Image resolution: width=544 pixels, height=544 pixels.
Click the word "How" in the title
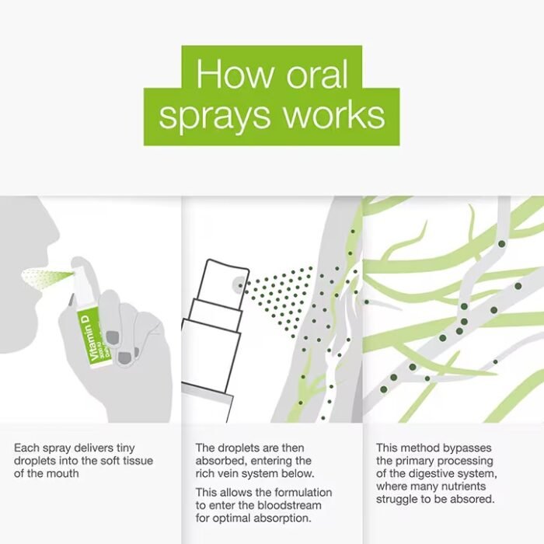pos(235,75)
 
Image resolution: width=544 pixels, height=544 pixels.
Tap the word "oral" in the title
pos(317,75)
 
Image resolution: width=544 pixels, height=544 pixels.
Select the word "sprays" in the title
pos(214,117)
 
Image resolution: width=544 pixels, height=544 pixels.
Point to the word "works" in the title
pos(334,115)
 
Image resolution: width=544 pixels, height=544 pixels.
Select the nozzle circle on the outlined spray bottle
pos(239,285)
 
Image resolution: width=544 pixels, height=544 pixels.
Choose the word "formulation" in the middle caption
pos(302,492)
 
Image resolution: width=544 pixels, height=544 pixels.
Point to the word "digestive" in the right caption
pos(431,474)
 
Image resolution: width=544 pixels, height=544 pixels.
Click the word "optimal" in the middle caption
pos(232,518)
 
